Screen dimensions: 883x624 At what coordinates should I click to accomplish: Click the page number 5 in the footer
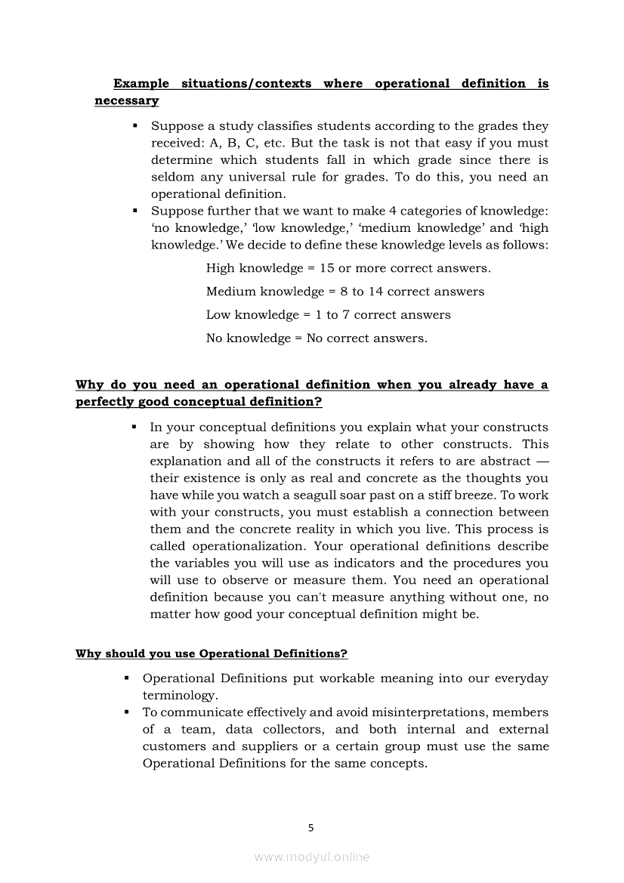[x=311, y=827]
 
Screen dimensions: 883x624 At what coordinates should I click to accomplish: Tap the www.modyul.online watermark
[x=311, y=857]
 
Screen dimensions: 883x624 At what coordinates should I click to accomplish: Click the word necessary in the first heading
[x=126, y=100]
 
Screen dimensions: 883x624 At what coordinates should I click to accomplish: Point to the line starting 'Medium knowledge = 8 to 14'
[x=345, y=292]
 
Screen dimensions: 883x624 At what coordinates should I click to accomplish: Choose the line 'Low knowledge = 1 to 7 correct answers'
[x=328, y=315]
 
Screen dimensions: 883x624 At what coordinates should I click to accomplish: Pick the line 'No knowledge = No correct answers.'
[x=317, y=338]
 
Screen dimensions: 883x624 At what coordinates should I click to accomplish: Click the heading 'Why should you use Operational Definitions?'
[x=212, y=653]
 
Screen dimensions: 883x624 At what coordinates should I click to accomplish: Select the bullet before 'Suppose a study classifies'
[x=134, y=126]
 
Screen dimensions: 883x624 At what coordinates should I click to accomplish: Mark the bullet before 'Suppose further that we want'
[x=134, y=211]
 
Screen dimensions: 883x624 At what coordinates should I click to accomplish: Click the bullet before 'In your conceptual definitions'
[x=134, y=428]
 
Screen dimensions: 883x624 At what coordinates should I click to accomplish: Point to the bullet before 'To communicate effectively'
[x=126, y=712]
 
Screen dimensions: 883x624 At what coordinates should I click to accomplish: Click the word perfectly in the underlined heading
[x=104, y=402]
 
